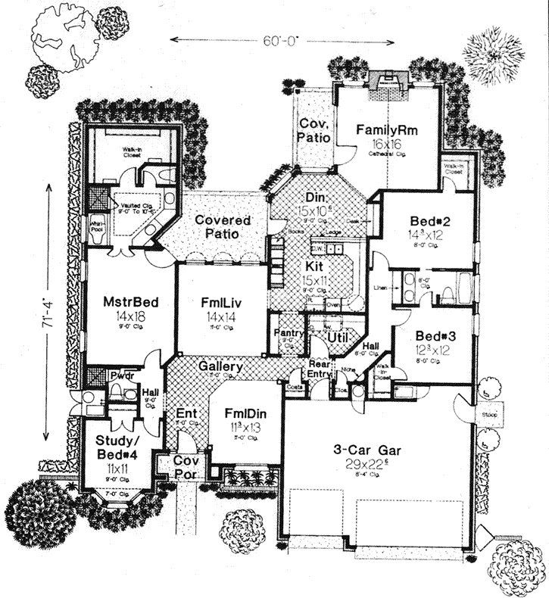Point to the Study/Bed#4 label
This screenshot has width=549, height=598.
(116, 447)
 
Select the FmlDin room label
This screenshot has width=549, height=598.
(243, 415)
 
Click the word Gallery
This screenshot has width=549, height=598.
(221, 366)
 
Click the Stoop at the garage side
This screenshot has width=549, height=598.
(487, 415)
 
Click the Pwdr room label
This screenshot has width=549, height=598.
(120, 374)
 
